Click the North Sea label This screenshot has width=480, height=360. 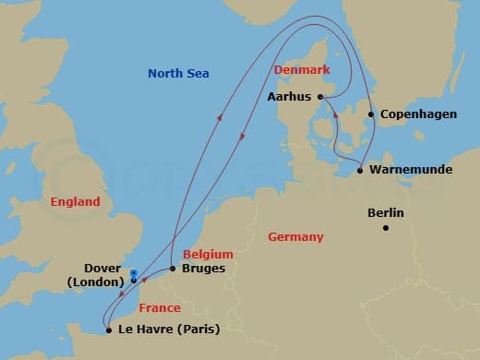[179, 74]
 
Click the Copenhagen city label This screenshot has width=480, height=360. [412, 115]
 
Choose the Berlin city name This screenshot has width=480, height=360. [385, 212]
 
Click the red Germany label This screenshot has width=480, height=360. [295, 237]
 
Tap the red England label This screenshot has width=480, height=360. [76, 201]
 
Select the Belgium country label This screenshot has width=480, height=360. [208, 254]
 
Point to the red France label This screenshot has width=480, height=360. [160, 308]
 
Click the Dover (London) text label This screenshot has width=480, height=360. [92, 274]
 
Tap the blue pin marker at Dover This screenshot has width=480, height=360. [134, 274]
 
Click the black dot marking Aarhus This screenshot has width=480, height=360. [320, 97]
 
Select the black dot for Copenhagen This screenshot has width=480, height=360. [371, 115]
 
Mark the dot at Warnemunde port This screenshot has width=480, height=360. [360, 171]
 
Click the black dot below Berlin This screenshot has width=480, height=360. [386, 228]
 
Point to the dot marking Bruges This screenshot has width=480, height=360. [173, 269]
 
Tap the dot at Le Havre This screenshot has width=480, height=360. [109, 330]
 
